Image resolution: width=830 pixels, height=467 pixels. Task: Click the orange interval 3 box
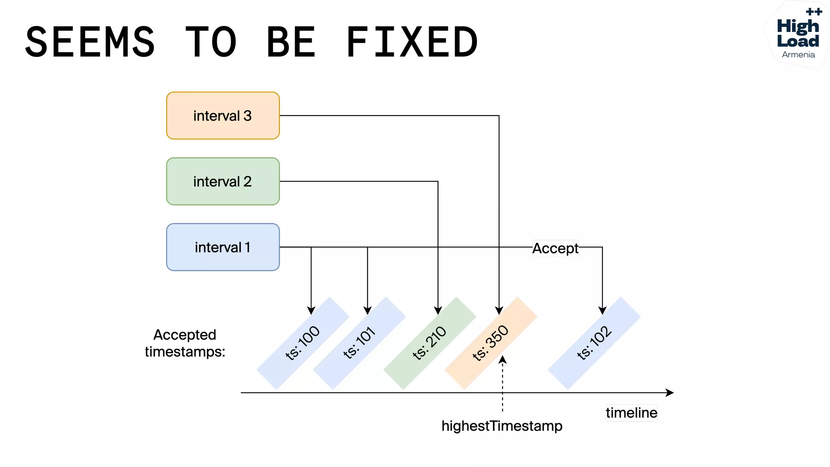tap(222, 116)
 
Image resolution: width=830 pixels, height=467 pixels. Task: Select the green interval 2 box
tap(222, 181)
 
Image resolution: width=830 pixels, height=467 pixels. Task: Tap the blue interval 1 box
tap(222, 247)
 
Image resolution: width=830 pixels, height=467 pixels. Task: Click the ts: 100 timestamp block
tap(303, 343)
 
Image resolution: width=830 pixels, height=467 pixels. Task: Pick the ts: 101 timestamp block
tap(359, 343)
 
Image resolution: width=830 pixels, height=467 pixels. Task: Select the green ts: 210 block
tap(430, 343)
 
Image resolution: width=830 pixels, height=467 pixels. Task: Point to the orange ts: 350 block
tap(491, 343)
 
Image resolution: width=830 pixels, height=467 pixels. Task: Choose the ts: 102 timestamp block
tap(594, 343)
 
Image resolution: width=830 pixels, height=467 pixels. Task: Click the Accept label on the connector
tap(555, 248)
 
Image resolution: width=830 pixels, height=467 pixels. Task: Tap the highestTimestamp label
tap(502, 426)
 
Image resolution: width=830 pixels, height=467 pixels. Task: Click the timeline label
tap(631, 413)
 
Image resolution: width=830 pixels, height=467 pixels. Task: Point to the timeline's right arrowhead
tap(670, 392)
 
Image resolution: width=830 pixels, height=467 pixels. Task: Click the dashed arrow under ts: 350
tap(503, 385)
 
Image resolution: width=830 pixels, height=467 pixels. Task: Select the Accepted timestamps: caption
tap(185, 343)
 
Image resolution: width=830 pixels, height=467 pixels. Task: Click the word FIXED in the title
tap(412, 42)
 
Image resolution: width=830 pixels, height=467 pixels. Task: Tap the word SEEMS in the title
tap(90, 42)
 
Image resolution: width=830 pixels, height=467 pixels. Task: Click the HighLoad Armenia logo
tap(798, 34)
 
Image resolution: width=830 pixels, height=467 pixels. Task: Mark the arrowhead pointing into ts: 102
tap(602, 311)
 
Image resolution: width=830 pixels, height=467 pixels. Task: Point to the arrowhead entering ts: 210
tap(438, 311)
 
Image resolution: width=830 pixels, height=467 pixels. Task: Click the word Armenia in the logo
tap(798, 55)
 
